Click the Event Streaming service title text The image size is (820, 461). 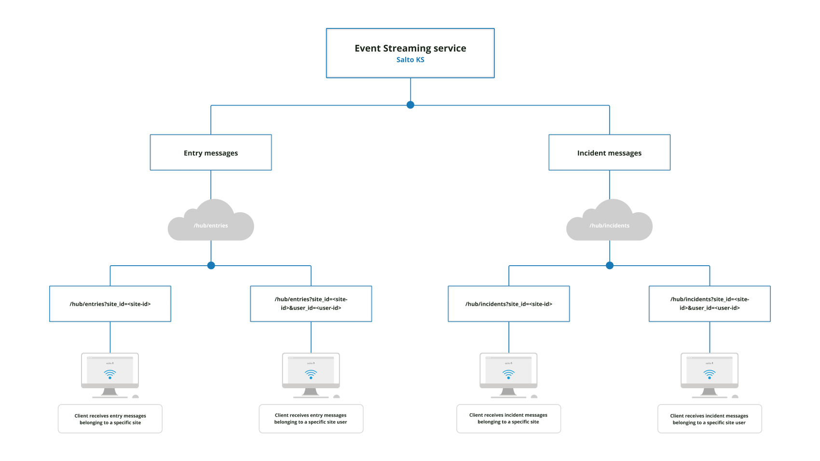tap(410, 48)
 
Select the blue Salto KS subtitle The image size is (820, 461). tap(410, 60)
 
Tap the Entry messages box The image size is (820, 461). tap(211, 153)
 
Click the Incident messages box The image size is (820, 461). tap(609, 153)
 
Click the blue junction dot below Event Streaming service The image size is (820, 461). tap(410, 105)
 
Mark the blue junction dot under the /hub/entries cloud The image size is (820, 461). tap(211, 265)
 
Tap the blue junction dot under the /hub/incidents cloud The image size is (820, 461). tap(610, 265)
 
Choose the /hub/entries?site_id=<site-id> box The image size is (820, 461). tap(110, 304)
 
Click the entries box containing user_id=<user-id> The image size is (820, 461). tap(311, 304)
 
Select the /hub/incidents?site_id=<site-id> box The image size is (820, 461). tap(509, 304)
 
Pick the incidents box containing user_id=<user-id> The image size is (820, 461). tap(710, 304)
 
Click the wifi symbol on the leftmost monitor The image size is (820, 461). tap(110, 374)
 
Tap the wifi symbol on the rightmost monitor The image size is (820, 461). tap(710, 374)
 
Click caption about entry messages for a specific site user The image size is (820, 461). tap(311, 419)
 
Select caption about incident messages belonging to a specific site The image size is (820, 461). tap(508, 419)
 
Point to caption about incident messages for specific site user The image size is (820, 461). tap(710, 419)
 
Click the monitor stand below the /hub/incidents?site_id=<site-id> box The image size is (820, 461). tap(508, 393)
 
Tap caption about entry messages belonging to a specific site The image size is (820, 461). tap(110, 419)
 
